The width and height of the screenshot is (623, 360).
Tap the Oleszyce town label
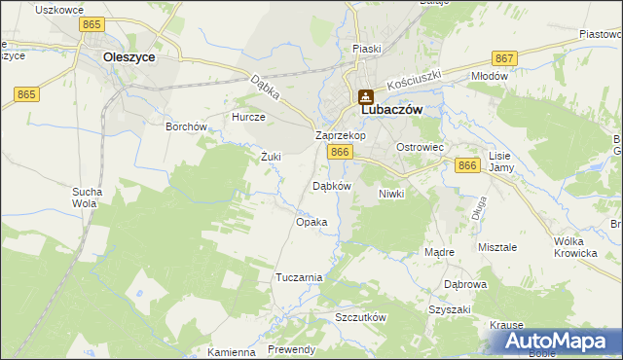tap(128, 57)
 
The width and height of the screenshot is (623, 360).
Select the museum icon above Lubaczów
tap(367, 96)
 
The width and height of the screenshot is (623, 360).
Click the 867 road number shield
tap(503, 59)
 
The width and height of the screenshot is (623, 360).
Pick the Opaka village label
tap(311, 222)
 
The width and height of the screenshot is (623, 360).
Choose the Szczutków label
tap(360, 318)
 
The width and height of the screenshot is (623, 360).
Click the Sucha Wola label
tap(85, 198)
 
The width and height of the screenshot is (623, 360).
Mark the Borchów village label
tap(186, 126)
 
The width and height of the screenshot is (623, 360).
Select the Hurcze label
tap(248, 116)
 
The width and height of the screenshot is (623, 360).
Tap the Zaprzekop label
tap(340, 135)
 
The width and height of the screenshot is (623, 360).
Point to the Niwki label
tap(390, 194)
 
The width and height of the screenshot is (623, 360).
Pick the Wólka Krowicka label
tap(574, 247)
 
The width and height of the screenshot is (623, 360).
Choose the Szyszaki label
tap(449, 309)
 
